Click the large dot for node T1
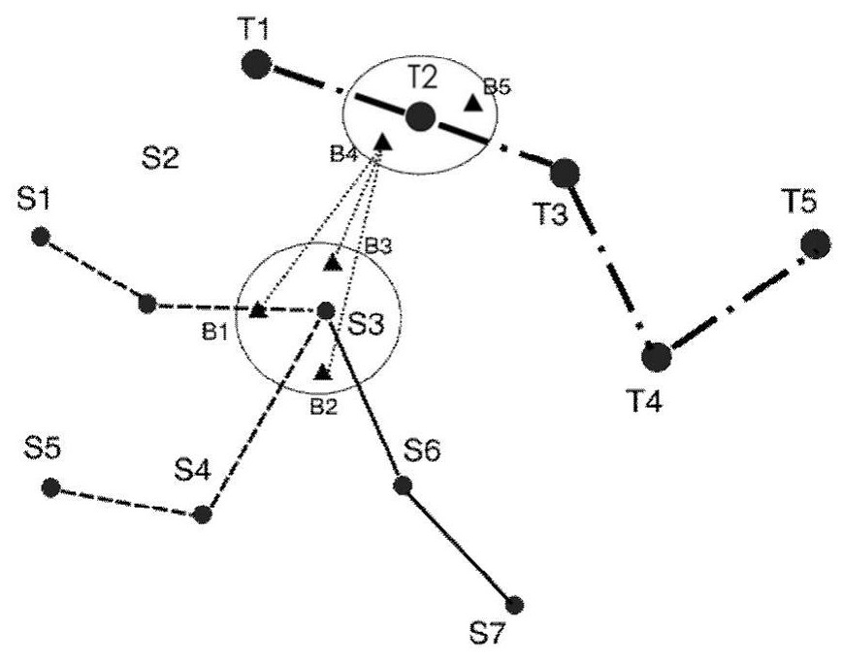tap(255, 64)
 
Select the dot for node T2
tap(420, 116)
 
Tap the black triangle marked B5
tap(473, 103)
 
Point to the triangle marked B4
tap(381, 141)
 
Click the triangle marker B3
tap(334, 262)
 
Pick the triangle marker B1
tap(259, 310)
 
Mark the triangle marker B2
tap(323, 372)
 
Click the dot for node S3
tap(326, 311)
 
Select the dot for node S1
tap(41, 237)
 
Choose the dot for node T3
tap(565, 173)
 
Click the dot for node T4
tap(657, 356)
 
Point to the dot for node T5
tap(815, 244)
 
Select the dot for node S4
tap(202, 514)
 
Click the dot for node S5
tap(51, 487)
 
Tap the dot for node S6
tap(403, 485)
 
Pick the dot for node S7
tap(514, 606)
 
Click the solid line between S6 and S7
tap(458, 544)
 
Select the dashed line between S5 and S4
tap(126, 502)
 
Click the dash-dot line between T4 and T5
tap(735, 300)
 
